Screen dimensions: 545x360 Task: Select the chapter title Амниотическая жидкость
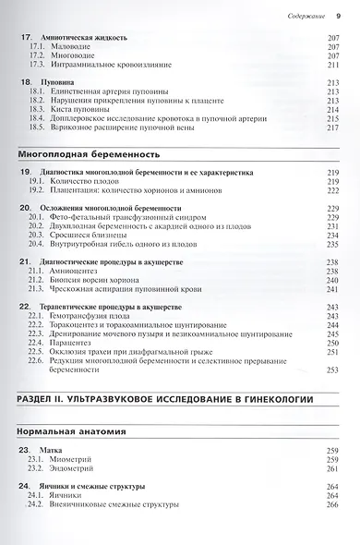click(x=84, y=39)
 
